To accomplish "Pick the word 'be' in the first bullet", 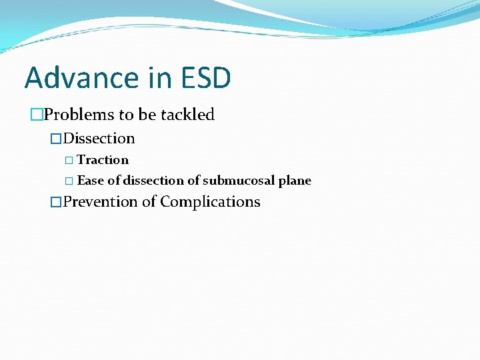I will tap(147, 115).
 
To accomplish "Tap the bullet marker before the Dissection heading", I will tap(56, 139).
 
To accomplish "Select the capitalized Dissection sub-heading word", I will tap(99, 139).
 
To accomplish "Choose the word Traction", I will tap(103, 160).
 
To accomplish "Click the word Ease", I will tap(91, 181).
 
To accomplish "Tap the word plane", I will tap(295, 181).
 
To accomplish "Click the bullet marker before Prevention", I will tap(56, 202).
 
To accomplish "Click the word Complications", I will tap(210, 202).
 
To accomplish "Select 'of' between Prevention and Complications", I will tap(149, 202).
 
